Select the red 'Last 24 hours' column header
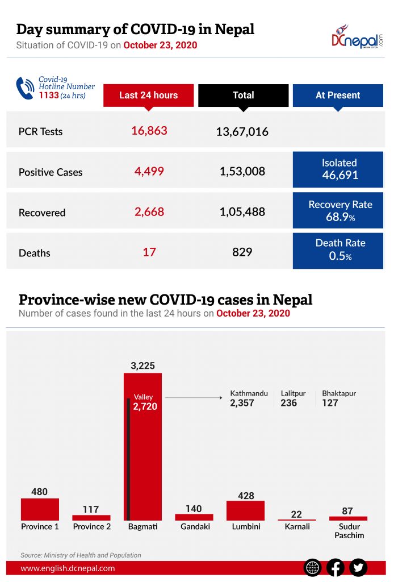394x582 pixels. tap(148, 95)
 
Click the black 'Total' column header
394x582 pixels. tap(243, 95)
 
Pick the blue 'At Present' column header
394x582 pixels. tap(338, 95)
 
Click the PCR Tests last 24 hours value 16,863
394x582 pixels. tap(149, 131)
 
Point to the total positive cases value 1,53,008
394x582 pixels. tap(242, 171)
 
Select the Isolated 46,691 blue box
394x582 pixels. tap(338, 169)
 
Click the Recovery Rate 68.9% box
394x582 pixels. tap(338, 210)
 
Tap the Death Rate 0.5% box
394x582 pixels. tap(338, 250)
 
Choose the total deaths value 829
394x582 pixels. tap(242, 252)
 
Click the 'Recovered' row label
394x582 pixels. tap(42, 213)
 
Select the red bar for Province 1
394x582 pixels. tap(40, 509)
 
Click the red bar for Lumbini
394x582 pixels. tap(245, 510)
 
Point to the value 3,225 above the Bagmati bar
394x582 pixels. tap(142, 365)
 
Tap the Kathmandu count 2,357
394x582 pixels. tap(242, 403)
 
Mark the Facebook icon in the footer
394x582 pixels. tap(335, 567)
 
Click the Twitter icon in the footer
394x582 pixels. tap(358, 567)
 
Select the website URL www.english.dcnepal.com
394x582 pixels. tap(68, 568)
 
